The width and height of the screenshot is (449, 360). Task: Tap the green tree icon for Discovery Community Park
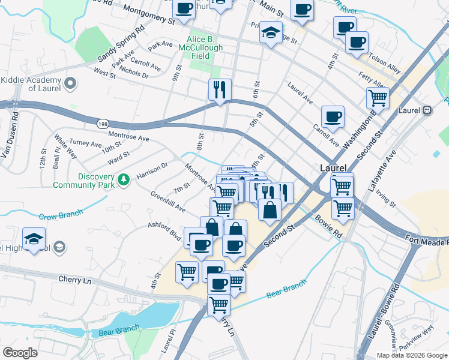coord(124,179)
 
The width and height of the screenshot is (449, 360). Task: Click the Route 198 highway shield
coord(101,124)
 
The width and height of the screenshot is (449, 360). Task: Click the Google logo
coord(20,353)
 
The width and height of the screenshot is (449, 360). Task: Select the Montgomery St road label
coord(149,16)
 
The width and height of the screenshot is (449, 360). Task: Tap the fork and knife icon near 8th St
coord(220,89)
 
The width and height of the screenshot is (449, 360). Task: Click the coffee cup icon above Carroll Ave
coord(332,116)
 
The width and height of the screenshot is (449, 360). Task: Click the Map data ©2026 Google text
coord(412,355)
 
